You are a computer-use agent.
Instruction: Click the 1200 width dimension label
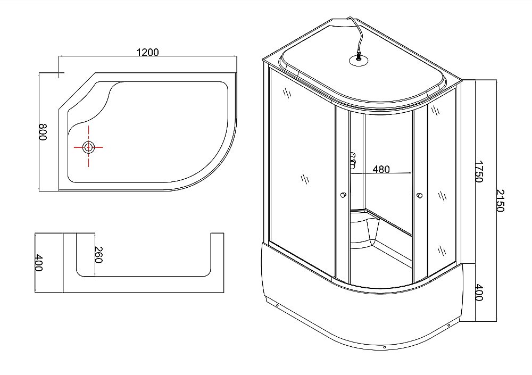click(148, 52)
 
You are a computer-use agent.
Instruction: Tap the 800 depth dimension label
click(43, 131)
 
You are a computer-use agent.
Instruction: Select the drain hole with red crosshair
click(88, 147)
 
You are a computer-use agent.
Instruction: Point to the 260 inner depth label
click(97, 254)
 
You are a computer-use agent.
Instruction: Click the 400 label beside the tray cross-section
click(38, 263)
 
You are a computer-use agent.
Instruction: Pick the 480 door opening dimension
click(381, 170)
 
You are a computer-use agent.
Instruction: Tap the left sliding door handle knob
click(343, 194)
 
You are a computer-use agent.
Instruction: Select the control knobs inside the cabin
click(352, 161)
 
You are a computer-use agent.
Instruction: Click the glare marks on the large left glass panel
click(304, 178)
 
